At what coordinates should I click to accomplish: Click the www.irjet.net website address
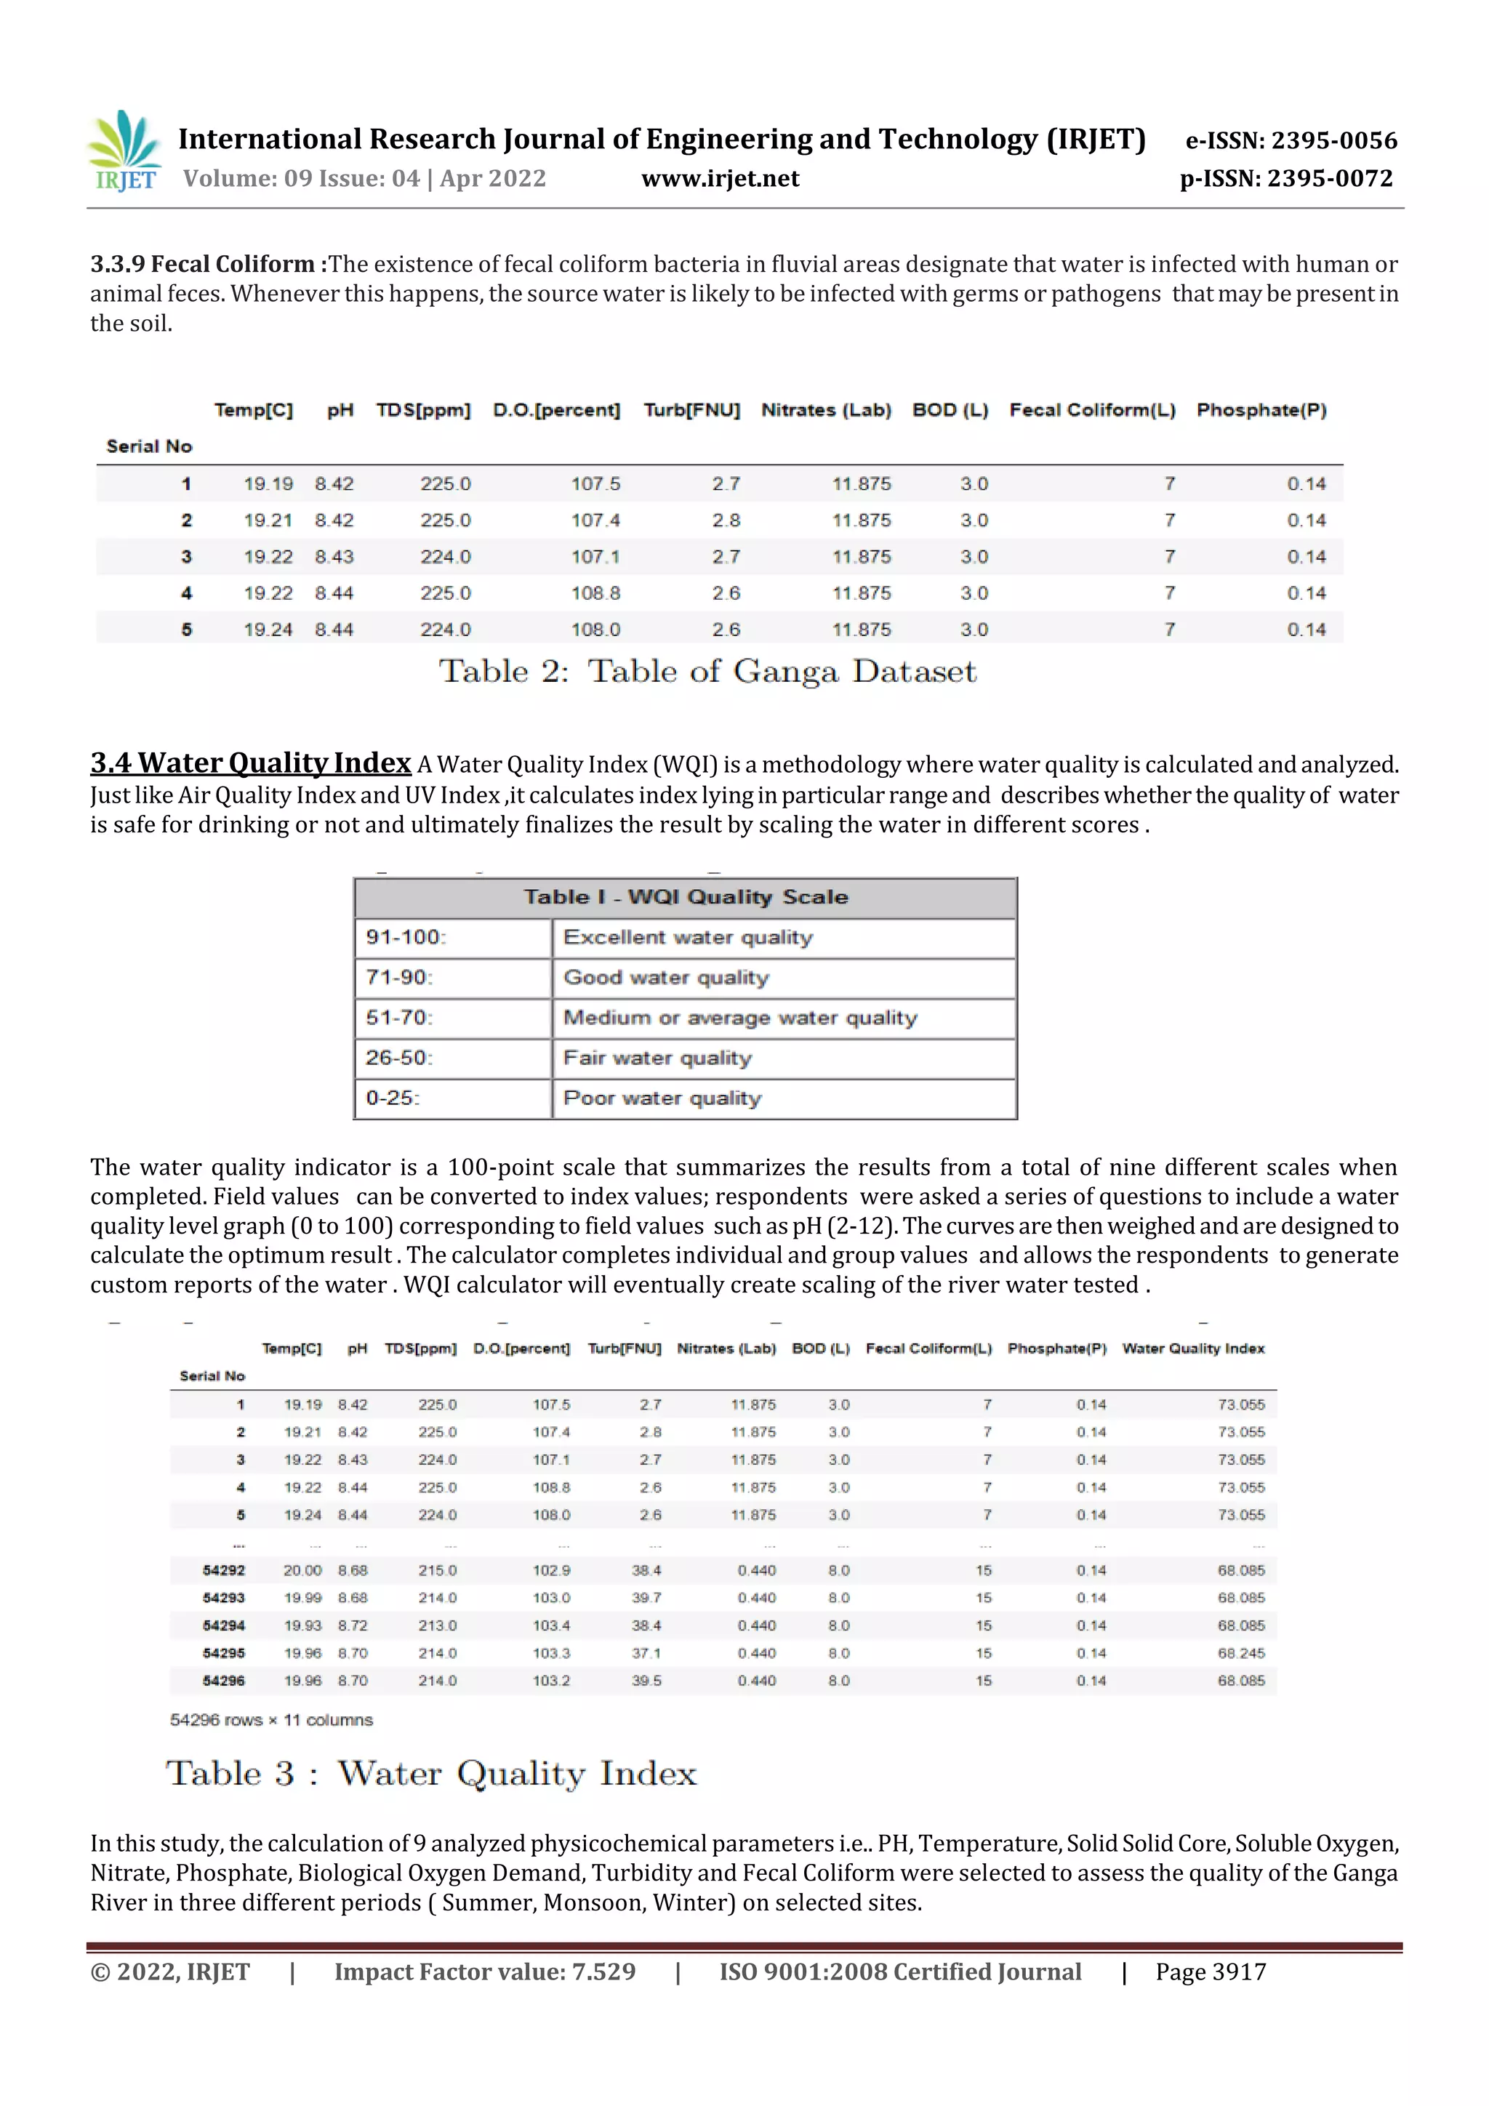point(721,178)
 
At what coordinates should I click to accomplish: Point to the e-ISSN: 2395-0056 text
point(1291,140)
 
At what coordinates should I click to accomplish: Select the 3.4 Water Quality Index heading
point(250,763)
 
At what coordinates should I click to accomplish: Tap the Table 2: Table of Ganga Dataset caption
point(707,672)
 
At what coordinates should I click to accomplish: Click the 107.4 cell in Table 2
point(595,520)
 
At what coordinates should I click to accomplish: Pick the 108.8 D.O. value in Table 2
point(595,593)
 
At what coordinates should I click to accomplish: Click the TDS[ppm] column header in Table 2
point(423,410)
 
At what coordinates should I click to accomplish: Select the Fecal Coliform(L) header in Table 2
point(1092,410)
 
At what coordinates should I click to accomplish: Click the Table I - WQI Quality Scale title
point(686,897)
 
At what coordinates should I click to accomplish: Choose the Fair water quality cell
point(657,1058)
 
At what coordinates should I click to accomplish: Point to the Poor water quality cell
point(662,1098)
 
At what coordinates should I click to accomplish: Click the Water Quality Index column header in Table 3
point(1192,1349)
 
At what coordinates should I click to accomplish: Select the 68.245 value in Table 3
point(1240,1653)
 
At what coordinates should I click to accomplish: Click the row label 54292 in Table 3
point(224,1570)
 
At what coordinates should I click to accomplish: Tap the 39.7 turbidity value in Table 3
point(646,1598)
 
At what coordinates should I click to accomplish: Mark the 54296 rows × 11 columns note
point(272,1720)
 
